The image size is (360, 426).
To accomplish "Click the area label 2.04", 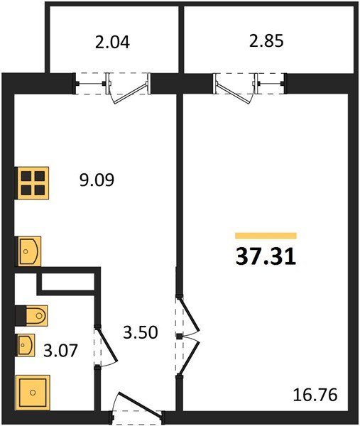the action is (112, 42).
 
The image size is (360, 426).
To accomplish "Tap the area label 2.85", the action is (266, 41).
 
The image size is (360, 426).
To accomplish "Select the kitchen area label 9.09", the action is (97, 180).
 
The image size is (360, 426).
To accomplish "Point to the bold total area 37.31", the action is (266, 257).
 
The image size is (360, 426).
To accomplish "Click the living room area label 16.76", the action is (315, 395).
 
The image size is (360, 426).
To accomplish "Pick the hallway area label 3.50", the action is (140, 332).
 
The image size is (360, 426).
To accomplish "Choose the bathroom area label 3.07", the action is (60, 350).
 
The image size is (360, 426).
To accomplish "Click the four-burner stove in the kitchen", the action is (33, 183).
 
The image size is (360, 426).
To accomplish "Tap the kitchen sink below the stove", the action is (29, 251).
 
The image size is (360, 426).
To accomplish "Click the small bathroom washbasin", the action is (26, 345).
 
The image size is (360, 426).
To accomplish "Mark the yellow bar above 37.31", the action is (266, 236).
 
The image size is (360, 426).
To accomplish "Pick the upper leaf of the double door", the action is (190, 315).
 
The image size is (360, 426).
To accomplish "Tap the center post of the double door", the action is (179, 337).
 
